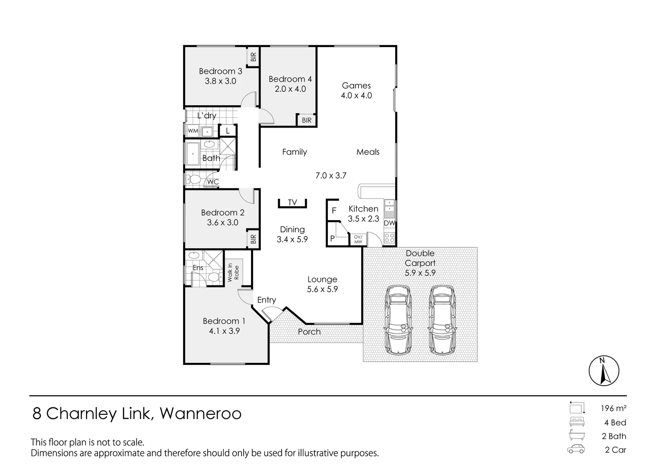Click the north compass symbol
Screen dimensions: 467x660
[x=604, y=371]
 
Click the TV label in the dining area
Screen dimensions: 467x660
[x=292, y=202]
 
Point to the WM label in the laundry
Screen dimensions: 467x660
[x=193, y=131]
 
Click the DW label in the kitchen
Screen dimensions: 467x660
[x=389, y=223]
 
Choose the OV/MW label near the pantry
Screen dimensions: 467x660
[x=358, y=239]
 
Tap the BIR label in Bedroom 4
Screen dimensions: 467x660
[x=307, y=121]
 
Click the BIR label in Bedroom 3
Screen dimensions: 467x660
[x=253, y=57]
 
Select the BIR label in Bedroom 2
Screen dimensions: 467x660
[x=253, y=239]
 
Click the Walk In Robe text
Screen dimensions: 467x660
[x=233, y=272]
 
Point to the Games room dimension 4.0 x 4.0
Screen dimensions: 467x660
[x=356, y=96]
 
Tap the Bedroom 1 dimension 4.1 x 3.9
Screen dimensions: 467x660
[x=224, y=331]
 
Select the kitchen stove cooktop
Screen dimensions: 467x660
[x=389, y=237]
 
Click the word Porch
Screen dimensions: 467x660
[x=309, y=332]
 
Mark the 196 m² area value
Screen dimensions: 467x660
[x=613, y=408]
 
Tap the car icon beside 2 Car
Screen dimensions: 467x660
[x=576, y=449]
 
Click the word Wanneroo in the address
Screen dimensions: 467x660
[x=201, y=414]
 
